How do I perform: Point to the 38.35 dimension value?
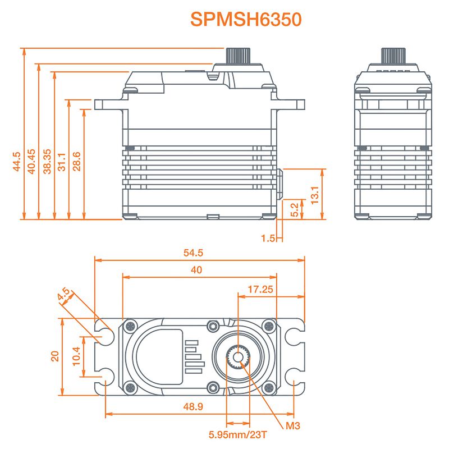coord(47,161)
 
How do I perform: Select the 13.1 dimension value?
coord(315,194)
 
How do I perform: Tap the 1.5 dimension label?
coord(268,239)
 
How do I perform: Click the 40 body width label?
coord(196,270)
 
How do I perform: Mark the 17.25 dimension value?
coord(259,289)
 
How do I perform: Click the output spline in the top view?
coord(238,356)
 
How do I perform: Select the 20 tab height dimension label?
coord(55,356)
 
